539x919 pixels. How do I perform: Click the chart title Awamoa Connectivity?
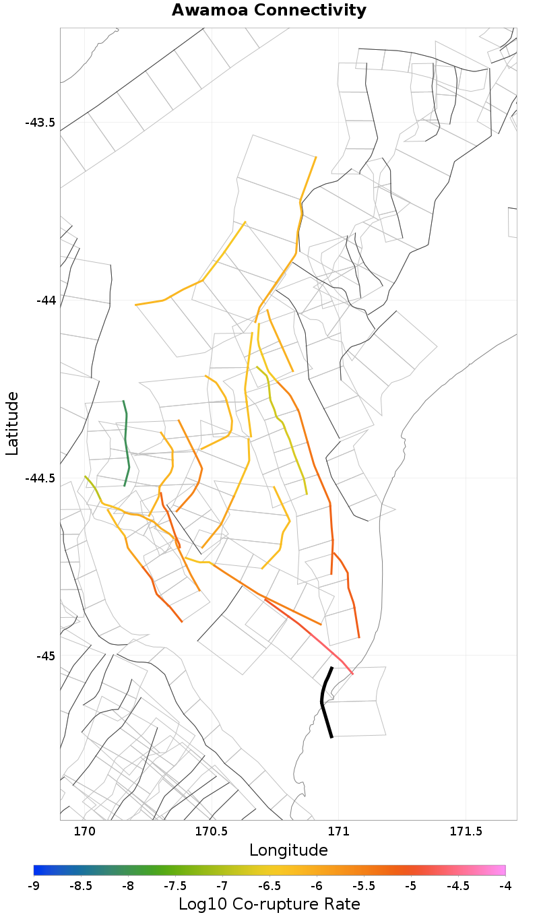pyautogui.click(x=269, y=11)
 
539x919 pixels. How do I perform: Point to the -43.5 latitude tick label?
pyautogui.click(x=40, y=123)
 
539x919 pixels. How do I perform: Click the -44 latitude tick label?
pyautogui.click(x=45, y=300)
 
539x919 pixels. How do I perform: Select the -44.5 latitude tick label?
pyautogui.click(x=40, y=478)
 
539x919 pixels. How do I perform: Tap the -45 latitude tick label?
pyautogui.click(x=45, y=656)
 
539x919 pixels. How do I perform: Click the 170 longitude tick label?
pyautogui.click(x=84, y=831)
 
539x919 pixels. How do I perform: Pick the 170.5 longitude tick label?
pyautogui.click(x=212, y=831)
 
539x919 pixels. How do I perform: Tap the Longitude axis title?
pyautogui.click(x=288, y=850)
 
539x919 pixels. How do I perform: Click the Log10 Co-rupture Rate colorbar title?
pyautogui.click(x=269, y=904)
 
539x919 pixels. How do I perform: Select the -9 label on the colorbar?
pyautogui.click(x=34, y=885)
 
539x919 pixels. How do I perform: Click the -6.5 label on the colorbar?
pyautogui.click(x=269, y=885)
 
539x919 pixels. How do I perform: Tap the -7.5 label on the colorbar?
pyautogui.click(x=175, y=885)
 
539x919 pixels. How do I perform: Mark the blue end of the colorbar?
pyautogui.click(x=38, y=870)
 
